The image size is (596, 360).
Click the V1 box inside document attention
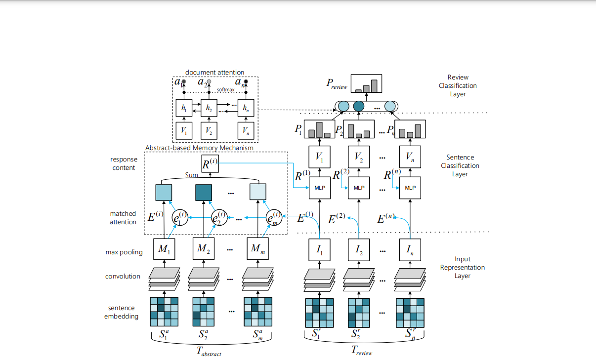tap(183, 131)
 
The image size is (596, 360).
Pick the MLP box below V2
tap(359, 188)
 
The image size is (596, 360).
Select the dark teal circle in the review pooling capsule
tap(359, 106)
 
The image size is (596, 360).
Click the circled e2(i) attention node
tap(219, 217)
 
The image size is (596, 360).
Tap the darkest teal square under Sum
tap(204, 192)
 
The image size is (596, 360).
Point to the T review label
tap(362, 351)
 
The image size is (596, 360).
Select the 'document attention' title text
tap(215, 73)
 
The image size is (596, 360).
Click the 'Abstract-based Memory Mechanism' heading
tap(199, 148)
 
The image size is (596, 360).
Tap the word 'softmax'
tap(225, 90)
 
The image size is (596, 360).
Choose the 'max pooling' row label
tap(124, 252)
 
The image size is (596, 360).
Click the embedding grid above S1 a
tap(164, 311)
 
